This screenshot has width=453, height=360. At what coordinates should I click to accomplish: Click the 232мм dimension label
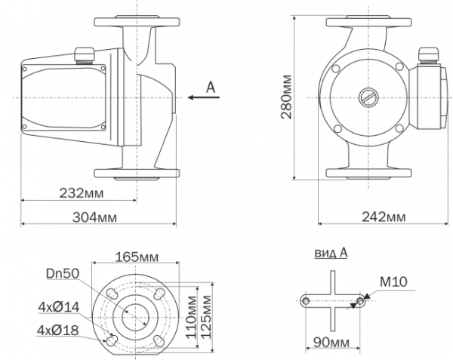pyautogui.click(x=82, y=193)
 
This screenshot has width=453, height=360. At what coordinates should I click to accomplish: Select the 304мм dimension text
pyautogui.click(x=94, y=217)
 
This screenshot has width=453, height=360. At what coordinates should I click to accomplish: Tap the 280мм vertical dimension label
pyautogui.click(x=286, y=97)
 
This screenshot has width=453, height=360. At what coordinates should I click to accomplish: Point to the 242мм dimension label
pyautogui.click(x=384, y=217)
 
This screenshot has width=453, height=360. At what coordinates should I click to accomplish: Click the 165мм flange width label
pyautogui.click(x=137, y=257)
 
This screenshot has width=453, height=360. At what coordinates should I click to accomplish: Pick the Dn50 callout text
pyautogui.click(x=63, y=273)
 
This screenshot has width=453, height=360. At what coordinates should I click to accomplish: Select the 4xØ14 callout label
pyautogui.click(x=59, y=307)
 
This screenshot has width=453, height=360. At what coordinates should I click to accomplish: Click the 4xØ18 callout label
pyautogui.click(x=58, y=330)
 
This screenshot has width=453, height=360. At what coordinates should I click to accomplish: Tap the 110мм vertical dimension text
pyautogui.click(x=191, y=317)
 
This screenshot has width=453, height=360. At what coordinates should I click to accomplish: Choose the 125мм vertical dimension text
pyautogui.click(x=205, y=317)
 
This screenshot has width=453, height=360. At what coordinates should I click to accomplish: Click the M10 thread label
pyautogui.click(x=393, y=282)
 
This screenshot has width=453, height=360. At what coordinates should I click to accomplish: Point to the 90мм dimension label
pyautogui.click(x=331, y=343)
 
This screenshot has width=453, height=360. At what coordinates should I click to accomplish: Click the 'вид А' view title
pyautogui.click(x=331, y=253)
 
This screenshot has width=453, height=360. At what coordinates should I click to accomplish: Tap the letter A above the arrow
pyautogui.click(x=211, y=87)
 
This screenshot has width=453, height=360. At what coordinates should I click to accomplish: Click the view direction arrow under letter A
pyautogui.click(x=204, y=97)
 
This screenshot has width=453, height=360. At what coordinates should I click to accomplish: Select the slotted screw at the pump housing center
pyautogui.click(x=368, y=97)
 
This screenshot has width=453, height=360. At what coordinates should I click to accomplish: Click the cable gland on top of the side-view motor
pyautogui.click(x=85, y=55)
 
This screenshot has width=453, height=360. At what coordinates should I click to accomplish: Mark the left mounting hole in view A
pyautogui.click(x=305, y=301)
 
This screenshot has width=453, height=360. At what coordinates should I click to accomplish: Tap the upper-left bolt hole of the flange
pyautogui.click(x=112, y=294)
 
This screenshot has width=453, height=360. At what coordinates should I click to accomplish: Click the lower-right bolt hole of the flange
pyautogui.click(x=159, y=340)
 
